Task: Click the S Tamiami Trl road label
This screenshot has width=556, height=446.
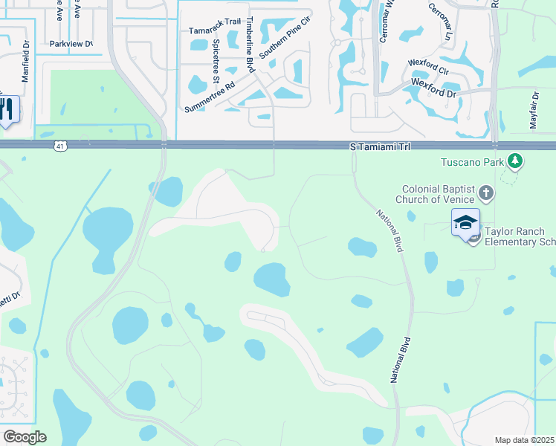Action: point(381,148)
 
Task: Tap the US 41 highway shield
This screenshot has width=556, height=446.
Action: point(60,146)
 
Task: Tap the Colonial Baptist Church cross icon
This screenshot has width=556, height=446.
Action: point(486,194)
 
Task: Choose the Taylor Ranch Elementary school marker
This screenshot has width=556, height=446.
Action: point(465,223)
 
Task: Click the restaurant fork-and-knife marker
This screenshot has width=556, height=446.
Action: point(7,109)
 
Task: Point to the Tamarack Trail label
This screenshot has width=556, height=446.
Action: point(215,31)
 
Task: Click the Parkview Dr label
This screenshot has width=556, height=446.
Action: point(71,44)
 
